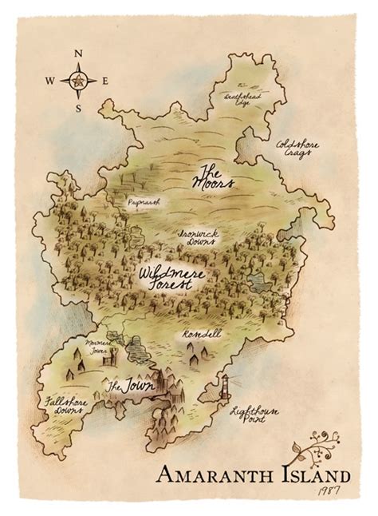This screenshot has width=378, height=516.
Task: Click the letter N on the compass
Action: [x=78, y=54]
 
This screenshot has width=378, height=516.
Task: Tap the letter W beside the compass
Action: [x=50, y=81]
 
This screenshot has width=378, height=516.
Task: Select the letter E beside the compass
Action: [x=106, y=81]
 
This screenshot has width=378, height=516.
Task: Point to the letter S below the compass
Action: [x=78, y=107]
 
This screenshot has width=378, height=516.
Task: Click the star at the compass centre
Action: [x=78, y=81]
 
